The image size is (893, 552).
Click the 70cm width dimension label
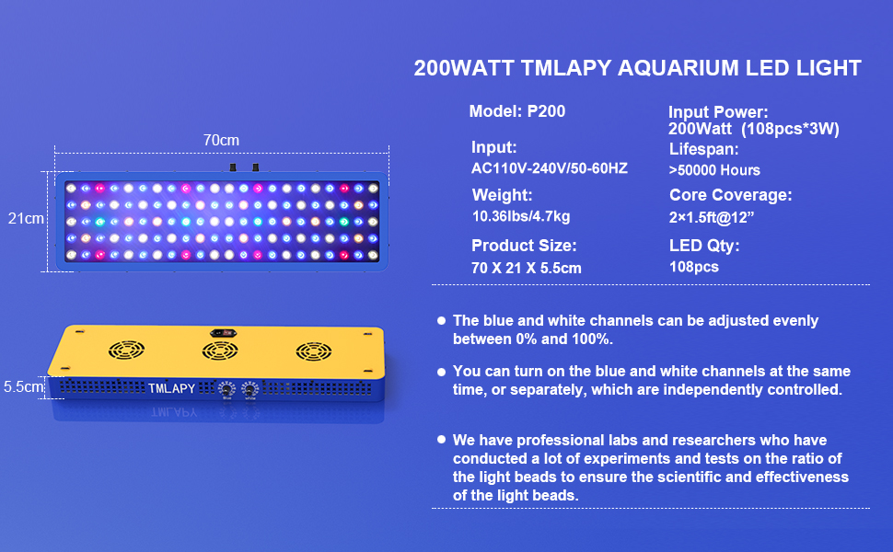221,140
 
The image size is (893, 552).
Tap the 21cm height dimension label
26,219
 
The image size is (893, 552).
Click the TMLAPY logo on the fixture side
171,388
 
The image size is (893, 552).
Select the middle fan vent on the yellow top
220,351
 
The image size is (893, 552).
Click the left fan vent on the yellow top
126,351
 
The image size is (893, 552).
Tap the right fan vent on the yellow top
314,351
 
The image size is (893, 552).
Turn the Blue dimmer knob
225,391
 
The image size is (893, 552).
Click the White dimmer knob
249,391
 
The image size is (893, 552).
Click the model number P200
546,111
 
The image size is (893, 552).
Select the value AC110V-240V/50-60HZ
550,168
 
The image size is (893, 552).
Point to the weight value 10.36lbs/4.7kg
521,216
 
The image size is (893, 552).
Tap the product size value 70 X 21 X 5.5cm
527,268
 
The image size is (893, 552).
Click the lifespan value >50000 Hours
714,170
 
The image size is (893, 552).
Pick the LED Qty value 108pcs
694,267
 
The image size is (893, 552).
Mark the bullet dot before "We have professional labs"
442,440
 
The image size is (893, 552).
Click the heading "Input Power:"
718,112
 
